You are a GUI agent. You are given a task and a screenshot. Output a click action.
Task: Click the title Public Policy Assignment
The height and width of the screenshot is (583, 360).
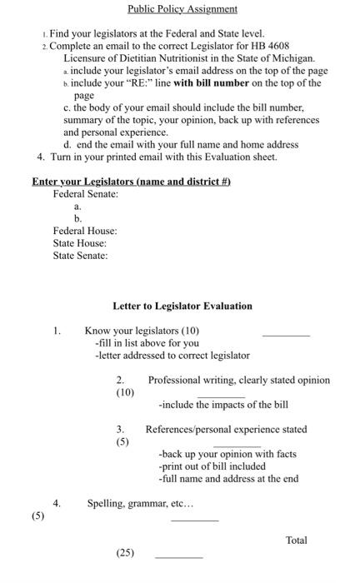[182, 9]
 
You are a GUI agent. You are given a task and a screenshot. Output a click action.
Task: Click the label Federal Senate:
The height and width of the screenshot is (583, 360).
[85, 194]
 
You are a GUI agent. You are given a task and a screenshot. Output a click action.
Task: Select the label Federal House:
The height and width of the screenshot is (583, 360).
[84, 231]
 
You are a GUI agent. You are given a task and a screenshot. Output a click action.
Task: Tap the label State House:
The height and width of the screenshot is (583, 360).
[79, 243]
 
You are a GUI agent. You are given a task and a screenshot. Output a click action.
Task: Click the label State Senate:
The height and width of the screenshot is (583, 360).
[80, 256]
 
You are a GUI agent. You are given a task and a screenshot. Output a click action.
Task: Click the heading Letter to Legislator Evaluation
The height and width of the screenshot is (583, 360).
[182, 306]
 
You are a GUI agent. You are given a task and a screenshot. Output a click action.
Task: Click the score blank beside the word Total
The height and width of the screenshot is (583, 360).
[178, 556]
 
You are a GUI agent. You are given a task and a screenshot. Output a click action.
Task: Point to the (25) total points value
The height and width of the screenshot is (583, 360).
[126, 552]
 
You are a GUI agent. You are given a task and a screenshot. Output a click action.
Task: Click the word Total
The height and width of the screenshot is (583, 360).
[296, 541]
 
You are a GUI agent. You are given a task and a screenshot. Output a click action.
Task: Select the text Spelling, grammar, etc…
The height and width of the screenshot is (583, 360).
[140, 504]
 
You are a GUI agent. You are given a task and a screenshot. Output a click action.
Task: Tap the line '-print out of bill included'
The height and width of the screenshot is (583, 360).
[212, 466]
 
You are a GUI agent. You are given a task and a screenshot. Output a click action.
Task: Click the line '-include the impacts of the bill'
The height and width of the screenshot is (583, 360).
[223, 405]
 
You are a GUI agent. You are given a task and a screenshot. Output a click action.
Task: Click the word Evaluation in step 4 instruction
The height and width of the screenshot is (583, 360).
[230, 157]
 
